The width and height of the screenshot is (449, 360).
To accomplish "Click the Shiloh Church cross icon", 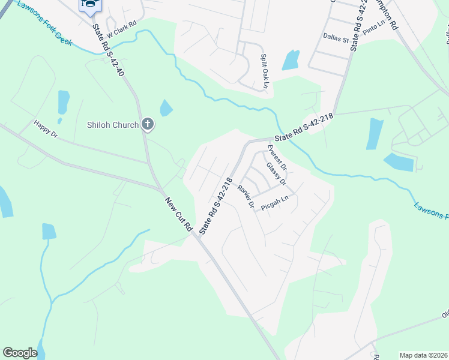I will tap(148, 125).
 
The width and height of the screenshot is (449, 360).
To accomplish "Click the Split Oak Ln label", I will tap(264, 71).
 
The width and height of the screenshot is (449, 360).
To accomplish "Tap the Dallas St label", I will tap(336, 38).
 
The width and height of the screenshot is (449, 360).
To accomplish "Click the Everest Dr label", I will tap(277, 157).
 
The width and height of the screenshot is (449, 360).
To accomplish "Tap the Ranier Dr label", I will tap(246, 196).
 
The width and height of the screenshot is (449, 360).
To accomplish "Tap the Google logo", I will tap(20, 353).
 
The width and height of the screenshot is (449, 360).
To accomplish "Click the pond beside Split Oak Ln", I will tap(291, 59).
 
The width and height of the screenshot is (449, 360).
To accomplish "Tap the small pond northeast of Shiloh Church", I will tap(166, 108).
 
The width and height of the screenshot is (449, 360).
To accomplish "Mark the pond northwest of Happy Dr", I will tap(63, 102).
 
